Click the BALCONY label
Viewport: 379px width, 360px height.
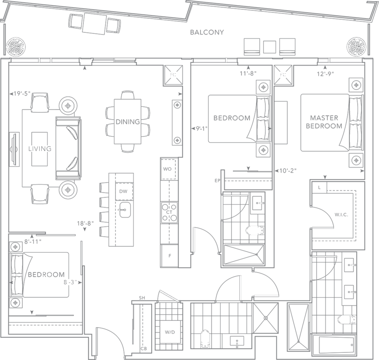(x=206, y=32)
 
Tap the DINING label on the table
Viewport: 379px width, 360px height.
(x=128, y=122)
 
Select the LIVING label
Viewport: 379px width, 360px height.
(x=40, y=149)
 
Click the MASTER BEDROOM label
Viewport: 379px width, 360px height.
(x=323, y=122)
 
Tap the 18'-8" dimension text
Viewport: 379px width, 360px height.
(x=84, y=224)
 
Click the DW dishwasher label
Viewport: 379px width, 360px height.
(x=123, y=192)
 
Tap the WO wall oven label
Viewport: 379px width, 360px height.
(x=166, y=169)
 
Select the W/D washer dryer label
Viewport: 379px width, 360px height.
(x=170, y=333)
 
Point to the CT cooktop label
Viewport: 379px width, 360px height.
(x=169, y=212)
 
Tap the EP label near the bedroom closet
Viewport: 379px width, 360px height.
(x=217, y=181)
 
